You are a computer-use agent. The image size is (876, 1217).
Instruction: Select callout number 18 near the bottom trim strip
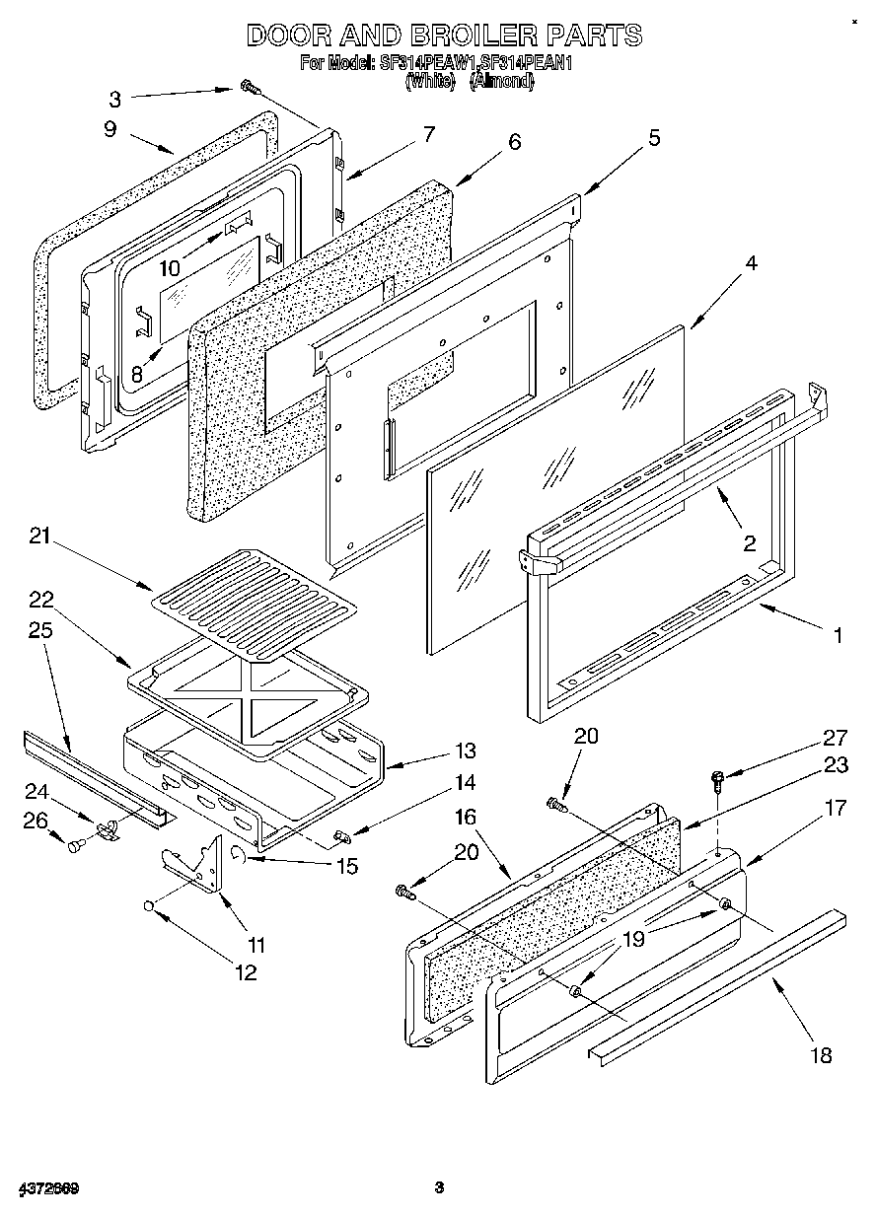coord(820,1056)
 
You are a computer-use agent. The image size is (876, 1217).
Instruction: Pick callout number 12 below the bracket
coord(246,972)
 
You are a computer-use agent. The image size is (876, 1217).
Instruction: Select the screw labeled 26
coord(75,843)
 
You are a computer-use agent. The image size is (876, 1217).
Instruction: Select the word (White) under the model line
coord(430,83)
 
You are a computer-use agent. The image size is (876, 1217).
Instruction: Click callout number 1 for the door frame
coord(838,636)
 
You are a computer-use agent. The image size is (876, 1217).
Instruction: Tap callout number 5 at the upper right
coord(654,137)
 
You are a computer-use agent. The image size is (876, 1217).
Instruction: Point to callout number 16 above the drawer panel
coord(467,817)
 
